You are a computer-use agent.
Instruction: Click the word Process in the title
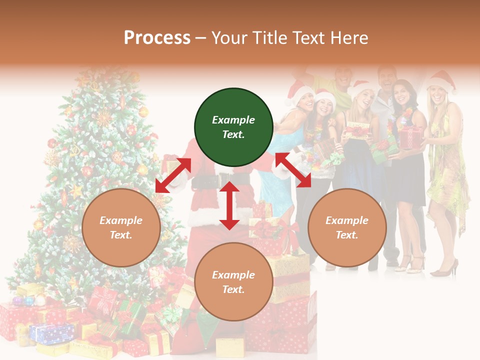click(157, 37)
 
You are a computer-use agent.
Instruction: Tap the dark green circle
click(233, 127)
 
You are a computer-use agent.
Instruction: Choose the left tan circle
click(121, 227)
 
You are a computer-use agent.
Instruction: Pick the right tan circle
click(347, 227)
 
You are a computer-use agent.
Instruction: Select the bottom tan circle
click(233, 282)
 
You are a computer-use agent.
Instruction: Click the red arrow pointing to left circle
click(173, 175)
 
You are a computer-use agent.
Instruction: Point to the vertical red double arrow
click(229, 205)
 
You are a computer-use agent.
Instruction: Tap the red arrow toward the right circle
click(293, 170)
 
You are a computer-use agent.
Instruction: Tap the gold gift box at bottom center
click(230, 346)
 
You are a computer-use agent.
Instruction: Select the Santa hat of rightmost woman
click(442, 80)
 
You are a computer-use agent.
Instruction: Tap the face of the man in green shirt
click(343, 76)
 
